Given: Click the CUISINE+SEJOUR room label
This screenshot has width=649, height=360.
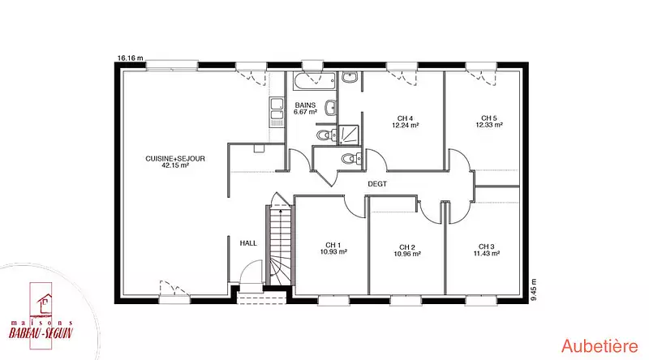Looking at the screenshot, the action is [x=175, y=158].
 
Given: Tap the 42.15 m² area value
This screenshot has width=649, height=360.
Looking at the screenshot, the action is [x=175, y=165].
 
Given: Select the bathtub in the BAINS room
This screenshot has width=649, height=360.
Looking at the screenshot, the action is [x=314, y=81].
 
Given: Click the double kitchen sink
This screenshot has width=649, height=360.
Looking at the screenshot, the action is [x=277, y=112].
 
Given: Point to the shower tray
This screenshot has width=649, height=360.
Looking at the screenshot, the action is [x=349, y=135].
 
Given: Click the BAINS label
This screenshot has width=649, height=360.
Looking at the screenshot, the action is [x=306, y=105].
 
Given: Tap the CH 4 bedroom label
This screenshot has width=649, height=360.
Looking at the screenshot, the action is [x=405, y=118].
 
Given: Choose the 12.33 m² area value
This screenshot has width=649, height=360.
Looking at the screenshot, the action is [x=489, y=125].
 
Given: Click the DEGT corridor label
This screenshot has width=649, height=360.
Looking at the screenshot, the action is [x=377, y=184].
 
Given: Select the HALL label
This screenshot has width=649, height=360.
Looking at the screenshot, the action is [x=248, y=243].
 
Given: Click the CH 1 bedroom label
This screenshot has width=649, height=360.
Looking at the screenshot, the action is [x=333, y=245].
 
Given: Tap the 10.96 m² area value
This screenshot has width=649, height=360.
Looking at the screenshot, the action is [x=407, y=254].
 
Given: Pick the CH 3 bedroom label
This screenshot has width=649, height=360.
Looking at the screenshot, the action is [x=486, y=246].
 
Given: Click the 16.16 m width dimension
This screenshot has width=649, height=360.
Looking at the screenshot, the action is [x=131, y=58].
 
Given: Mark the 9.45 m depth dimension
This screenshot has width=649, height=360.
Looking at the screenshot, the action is [x=534, y=289].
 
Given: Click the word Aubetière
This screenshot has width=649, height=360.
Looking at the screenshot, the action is [x=600, y=346].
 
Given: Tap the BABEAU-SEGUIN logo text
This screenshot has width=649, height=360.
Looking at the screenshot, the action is [x=41, y=332].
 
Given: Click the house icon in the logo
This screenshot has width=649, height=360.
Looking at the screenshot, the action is [x=44, y=303].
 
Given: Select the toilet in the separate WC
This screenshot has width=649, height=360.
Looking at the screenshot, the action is [x=351, y=157].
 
